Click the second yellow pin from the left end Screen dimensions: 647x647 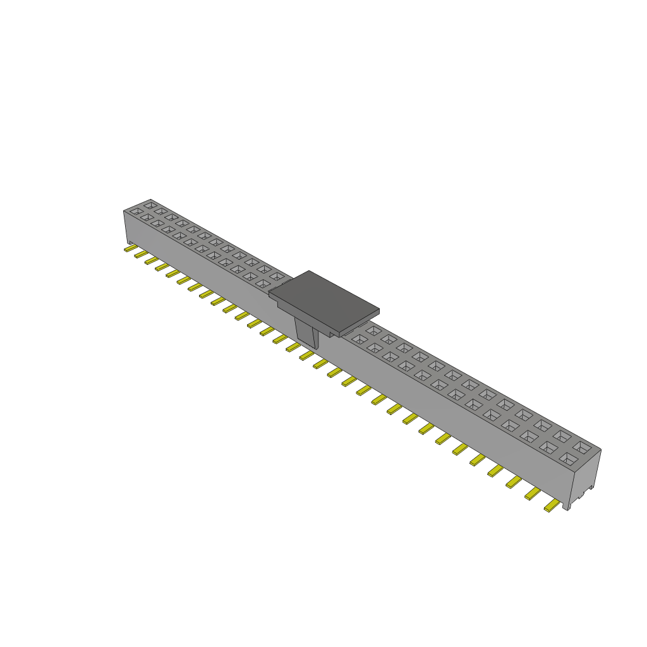click(x=140, y=254)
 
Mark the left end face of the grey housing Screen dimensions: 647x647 click(x=126, y=227)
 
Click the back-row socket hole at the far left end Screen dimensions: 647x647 click(x=150, y=205)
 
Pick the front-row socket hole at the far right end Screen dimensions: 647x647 click(x=567, y=458)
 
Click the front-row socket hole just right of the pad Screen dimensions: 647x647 click(x=359, y=339)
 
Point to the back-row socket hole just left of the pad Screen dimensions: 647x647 click(x=276, y=276)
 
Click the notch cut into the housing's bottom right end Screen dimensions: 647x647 click(x=591, y=488)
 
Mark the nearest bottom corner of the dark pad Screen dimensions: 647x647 click(x=341, y=335)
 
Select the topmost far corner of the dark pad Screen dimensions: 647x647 click(x=310, y=271)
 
